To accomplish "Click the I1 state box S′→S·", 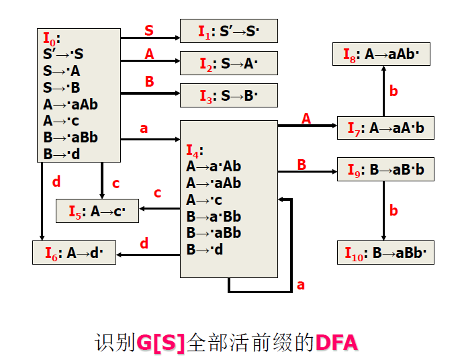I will coord(228,31).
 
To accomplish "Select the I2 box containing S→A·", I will coord(228,63).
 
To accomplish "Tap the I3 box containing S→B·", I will coord(228,95).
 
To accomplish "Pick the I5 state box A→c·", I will coord(97,212).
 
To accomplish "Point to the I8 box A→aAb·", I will coord(381,54).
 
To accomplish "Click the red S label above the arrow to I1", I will coord(149,30).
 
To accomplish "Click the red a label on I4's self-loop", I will coord(301,285).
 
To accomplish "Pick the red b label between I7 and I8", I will coord(394,91).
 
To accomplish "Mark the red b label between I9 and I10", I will coord(394,211).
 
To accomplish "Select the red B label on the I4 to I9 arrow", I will coord(302,165).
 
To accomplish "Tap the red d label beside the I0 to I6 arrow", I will coord(56,181).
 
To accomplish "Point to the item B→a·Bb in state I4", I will coord(214,216).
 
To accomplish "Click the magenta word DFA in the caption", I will coord(336,343).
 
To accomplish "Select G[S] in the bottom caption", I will coord(160,343).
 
